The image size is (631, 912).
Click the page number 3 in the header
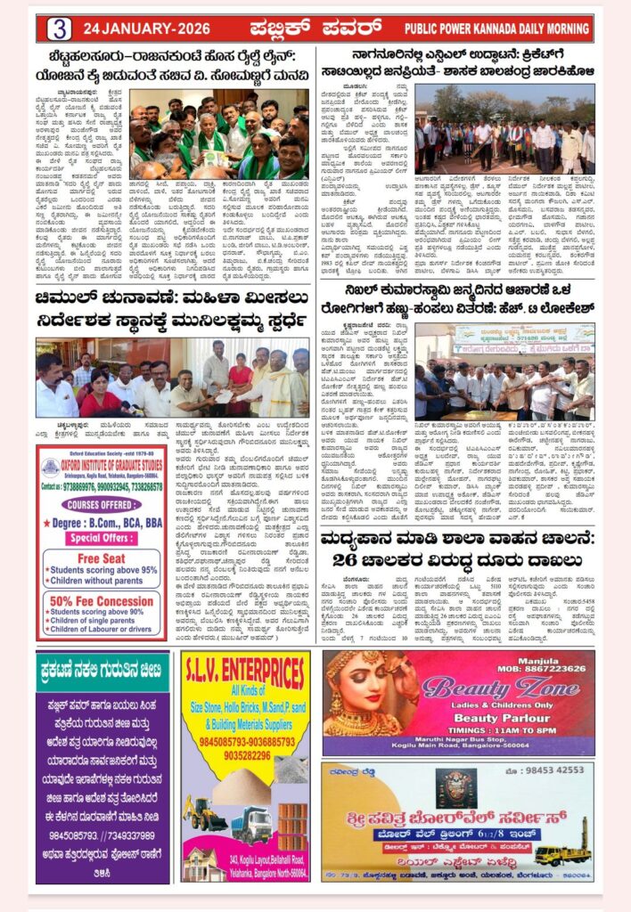[59, 28]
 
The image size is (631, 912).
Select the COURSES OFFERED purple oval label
[100, 503]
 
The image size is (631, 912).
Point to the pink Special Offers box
[100, 538]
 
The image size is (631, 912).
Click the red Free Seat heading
[100, 558]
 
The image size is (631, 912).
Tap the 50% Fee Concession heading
[100, 600]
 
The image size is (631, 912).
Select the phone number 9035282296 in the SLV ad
[246, 755]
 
